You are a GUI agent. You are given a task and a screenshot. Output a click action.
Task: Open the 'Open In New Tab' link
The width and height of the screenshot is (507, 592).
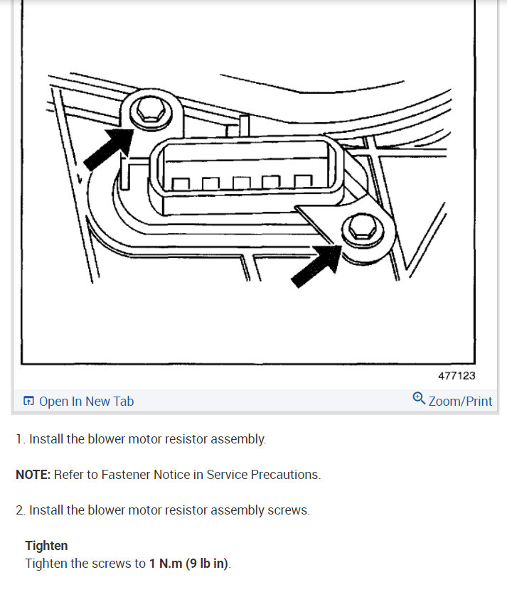point(86,402)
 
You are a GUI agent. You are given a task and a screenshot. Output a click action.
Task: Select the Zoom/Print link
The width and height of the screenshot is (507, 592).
point(460,402)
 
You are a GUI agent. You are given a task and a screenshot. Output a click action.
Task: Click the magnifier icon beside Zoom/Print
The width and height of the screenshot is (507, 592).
point(419,399)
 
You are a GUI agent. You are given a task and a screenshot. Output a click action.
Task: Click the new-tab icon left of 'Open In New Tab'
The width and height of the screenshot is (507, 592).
point(28,402)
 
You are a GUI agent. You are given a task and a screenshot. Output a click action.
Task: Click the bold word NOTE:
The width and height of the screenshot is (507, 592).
point(33,475)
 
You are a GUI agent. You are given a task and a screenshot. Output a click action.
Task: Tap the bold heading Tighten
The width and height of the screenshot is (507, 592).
point(46,546)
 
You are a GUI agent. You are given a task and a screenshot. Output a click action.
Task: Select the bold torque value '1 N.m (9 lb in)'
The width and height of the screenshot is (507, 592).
point(189,564)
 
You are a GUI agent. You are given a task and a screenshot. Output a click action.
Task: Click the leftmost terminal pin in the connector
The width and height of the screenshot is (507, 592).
point(180,184)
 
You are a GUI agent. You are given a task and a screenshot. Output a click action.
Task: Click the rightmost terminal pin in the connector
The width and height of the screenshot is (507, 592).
point(304,183)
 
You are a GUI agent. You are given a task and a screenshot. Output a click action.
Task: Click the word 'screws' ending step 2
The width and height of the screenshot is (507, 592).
point(289,510)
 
